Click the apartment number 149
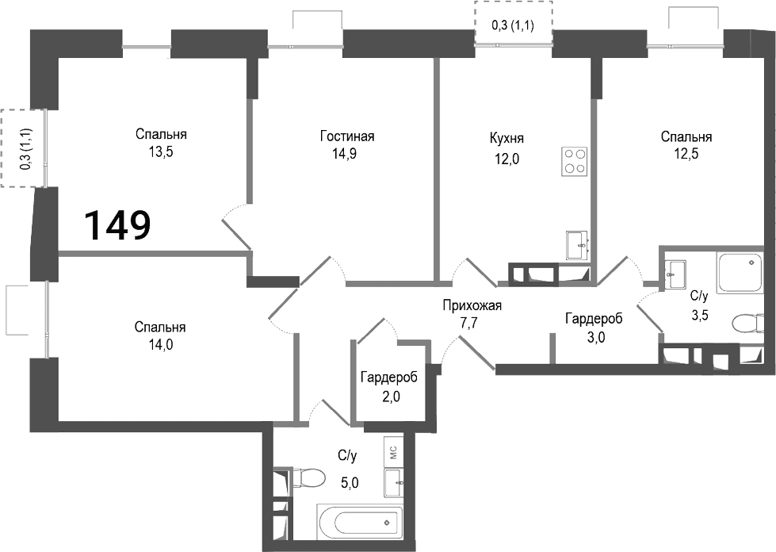118,225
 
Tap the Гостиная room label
347,136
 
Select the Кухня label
507,138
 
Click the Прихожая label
472,305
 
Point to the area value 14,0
161,345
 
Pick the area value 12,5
686,154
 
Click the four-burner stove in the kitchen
574,161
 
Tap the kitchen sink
577,245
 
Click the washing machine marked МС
393,453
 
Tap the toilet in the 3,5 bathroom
747,324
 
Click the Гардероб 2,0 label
389,387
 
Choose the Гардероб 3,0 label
594,328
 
